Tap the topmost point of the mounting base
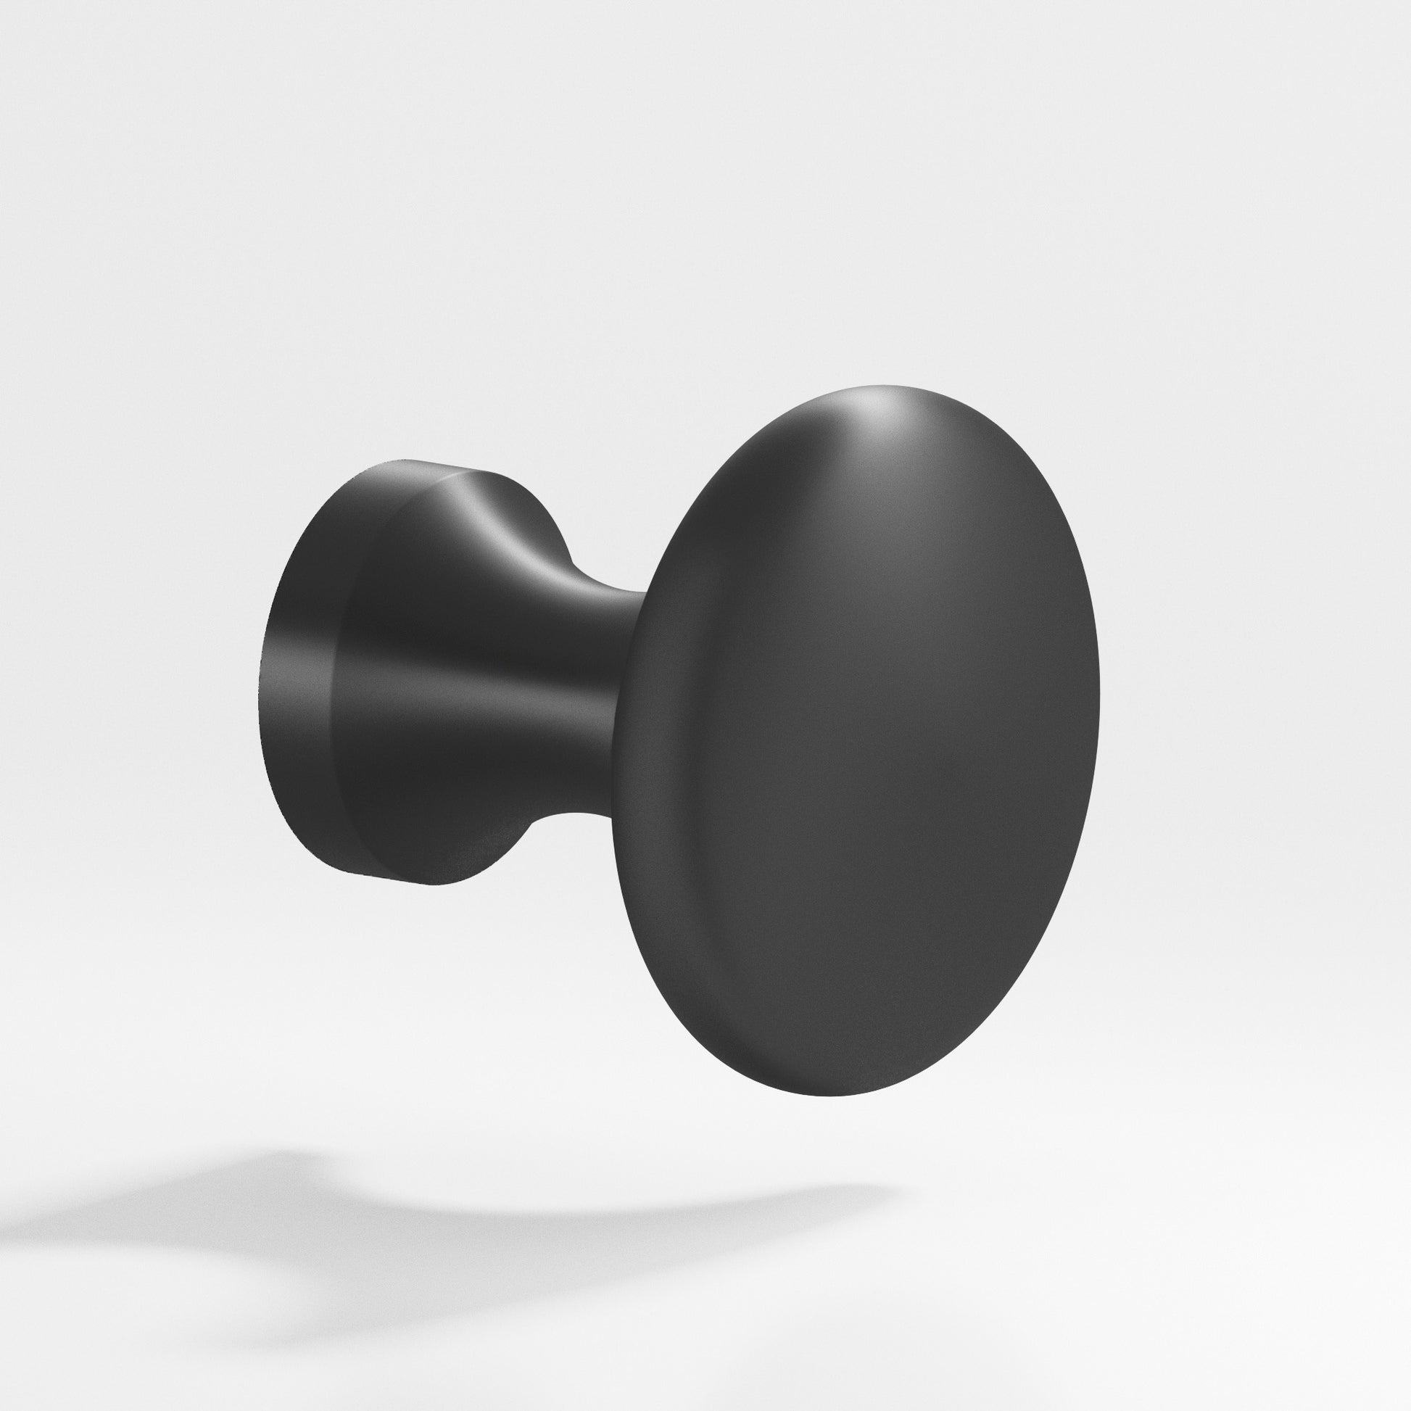pos(402,460)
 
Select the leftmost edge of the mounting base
pos(257,679)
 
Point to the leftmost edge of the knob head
pos(614,767)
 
